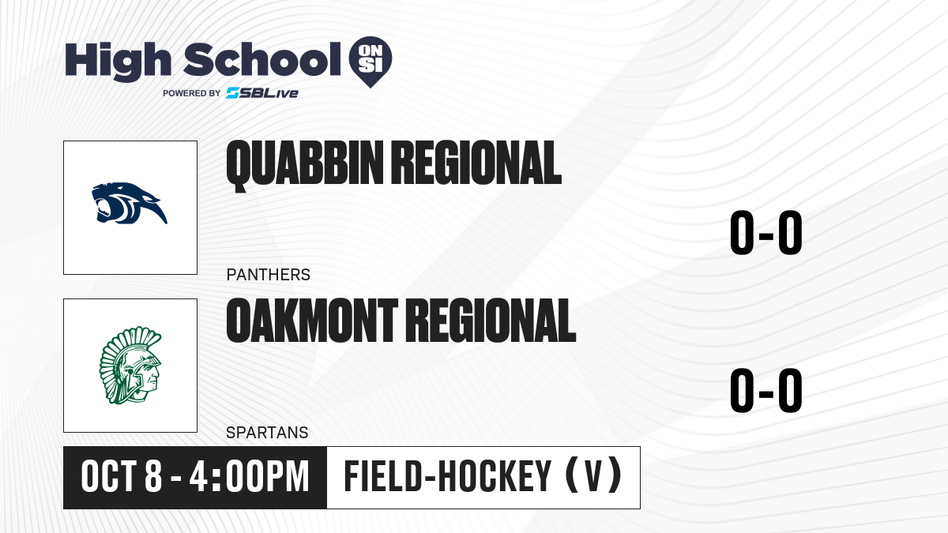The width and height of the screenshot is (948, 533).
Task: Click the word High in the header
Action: click(118, 62)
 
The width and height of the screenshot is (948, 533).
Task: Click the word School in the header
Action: click(262, 59)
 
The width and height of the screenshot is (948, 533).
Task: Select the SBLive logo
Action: click(262, 93)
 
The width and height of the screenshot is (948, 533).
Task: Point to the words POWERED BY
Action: click(192, 93)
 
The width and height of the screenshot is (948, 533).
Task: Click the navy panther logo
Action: click(130, 203)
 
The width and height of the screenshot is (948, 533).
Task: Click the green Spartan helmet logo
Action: click(130, 365)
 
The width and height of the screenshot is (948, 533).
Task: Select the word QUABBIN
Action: click(305, 165)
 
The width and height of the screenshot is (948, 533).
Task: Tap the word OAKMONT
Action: click(312, 320)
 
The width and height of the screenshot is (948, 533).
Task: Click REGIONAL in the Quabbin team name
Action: click(476, 163)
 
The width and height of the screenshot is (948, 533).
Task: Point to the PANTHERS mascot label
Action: click(269, 275)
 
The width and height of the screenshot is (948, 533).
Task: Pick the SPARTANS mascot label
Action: click(268, 433)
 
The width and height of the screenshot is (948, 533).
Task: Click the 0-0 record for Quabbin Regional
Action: click(766, 233)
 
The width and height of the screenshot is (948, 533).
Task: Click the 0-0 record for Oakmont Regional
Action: click(766, 390)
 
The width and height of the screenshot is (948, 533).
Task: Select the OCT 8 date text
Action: click(122, 476)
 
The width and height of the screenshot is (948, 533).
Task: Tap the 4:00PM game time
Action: click(250, 476)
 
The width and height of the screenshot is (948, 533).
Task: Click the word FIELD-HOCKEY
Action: click(448, 476)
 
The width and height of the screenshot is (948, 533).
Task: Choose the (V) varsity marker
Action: click(594, 476)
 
